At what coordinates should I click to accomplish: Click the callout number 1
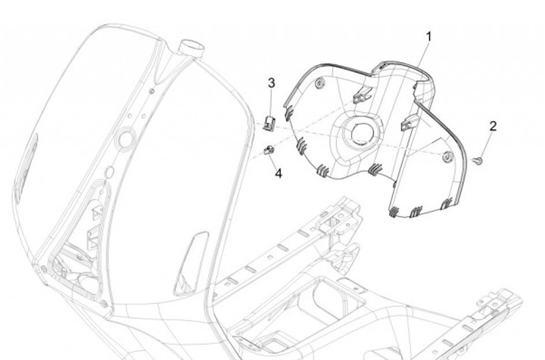(x=428, y=36)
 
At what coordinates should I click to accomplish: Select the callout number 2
(x=493, y=126)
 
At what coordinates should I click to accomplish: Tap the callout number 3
(x=272, y=82)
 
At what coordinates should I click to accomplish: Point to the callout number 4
(x=279, y=173)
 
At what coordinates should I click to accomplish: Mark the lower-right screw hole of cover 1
(x=447, y=157)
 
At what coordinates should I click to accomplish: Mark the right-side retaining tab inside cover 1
(x=410, y=121)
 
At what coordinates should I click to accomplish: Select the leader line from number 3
(x=272, y=99)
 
